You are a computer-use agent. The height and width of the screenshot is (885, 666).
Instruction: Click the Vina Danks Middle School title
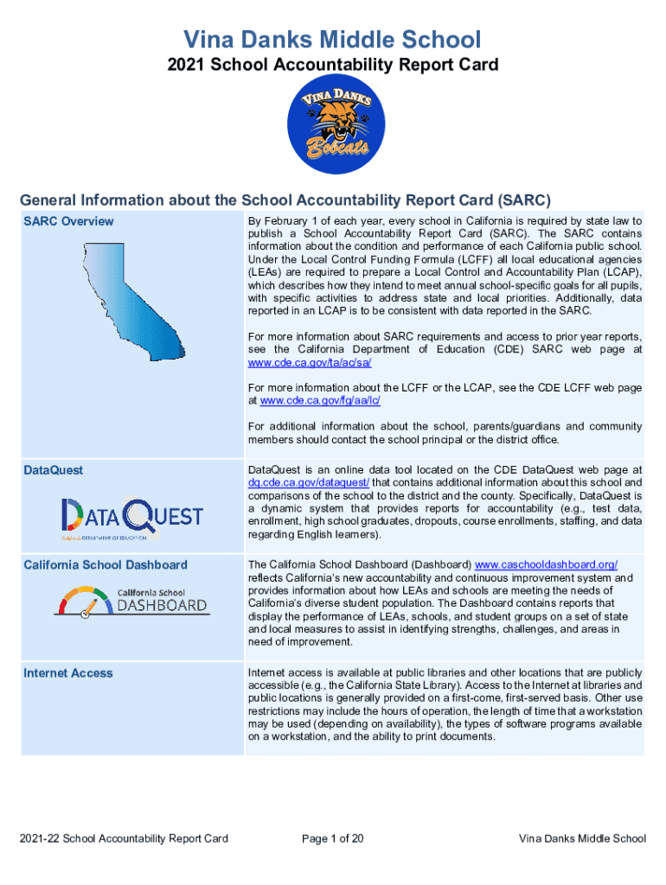333,39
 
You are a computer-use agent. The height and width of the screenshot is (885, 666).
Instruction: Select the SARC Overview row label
68,221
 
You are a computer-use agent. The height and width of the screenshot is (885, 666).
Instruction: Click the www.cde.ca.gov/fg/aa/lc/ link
321,400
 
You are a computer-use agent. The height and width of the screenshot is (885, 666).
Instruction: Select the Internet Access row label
68,673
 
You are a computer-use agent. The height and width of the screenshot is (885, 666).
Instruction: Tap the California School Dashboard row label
106,565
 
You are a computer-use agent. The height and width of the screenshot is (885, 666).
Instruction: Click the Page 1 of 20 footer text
332,838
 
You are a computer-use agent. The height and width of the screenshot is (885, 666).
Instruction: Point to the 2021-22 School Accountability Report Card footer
125,838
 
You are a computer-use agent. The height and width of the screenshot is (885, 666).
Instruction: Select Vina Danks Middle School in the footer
582,838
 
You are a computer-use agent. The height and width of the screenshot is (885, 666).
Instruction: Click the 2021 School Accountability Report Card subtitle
333,65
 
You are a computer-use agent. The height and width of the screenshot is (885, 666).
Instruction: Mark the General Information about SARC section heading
285,200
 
